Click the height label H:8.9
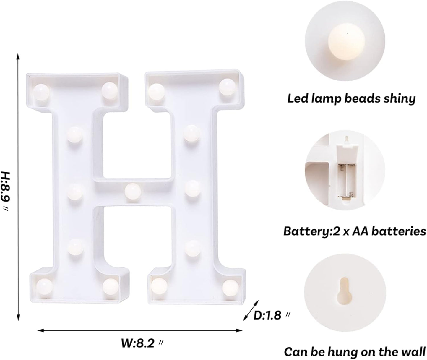pyautogui.click(x=7, y=191)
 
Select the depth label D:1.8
pyautogui.click(x=271, y=316)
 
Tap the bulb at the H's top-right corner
pyautogui.click(x=227, y=86)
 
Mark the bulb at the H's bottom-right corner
pyautogui.click(x=230, y=287)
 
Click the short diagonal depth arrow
pyautogui.click(x=251, y=310)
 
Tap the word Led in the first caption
pyautogui.click(x=297, y=98)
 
